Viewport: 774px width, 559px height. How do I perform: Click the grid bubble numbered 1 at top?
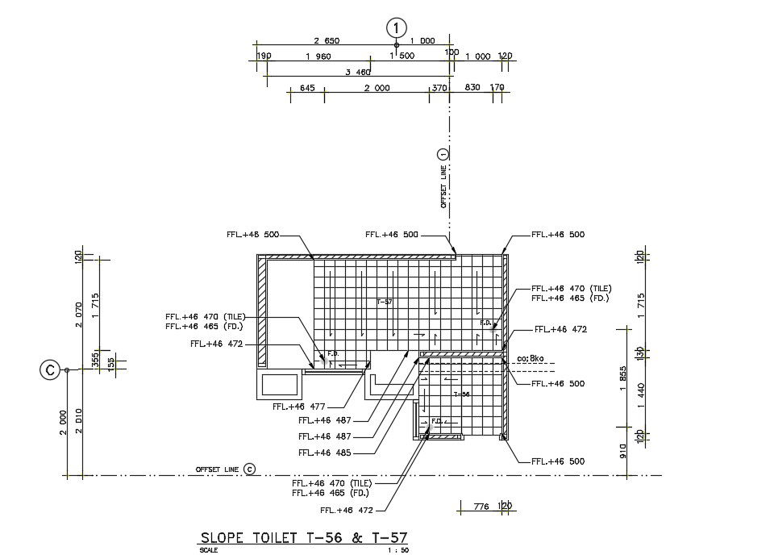[395, 27]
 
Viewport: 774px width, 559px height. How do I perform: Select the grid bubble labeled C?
[50, 370]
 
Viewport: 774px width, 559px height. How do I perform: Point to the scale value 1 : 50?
[398, 551]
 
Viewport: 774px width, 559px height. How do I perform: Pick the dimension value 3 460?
[358, 72]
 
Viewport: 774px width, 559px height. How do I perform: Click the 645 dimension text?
[306, 88]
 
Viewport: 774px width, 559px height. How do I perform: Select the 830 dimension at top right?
[472, 88]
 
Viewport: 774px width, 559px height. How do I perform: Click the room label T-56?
[461, 394]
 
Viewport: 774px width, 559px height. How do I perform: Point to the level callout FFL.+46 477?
[299, 407]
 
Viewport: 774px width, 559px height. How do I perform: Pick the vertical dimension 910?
[623, 450]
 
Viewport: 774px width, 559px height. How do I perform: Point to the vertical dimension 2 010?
[79, 422]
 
